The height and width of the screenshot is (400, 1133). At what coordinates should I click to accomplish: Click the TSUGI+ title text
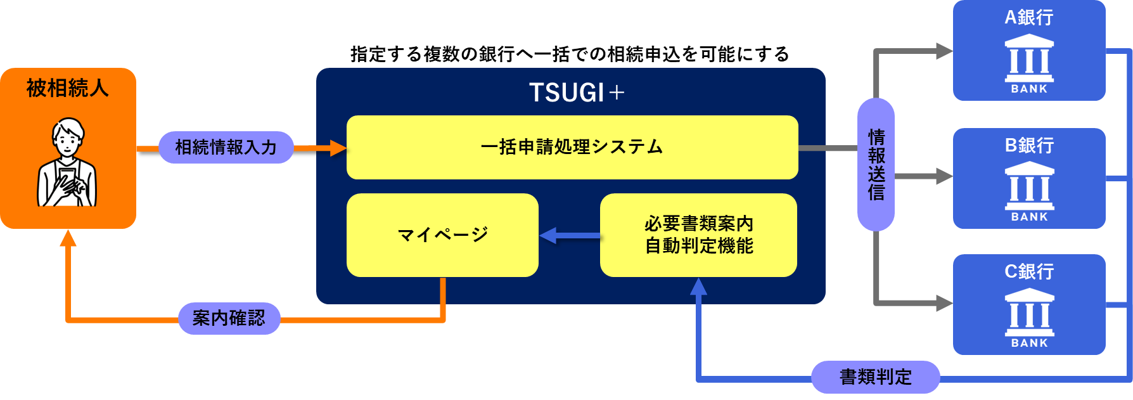pyautogui.click(x=576, y=93)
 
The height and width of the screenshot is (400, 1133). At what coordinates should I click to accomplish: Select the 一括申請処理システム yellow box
pyautogui.click(x=572, y=147)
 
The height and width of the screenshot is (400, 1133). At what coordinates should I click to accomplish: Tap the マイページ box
pyautogui.click(x=442, y=235)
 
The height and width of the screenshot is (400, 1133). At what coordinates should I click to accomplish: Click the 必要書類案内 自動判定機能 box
pyautogui.click(x=698, y=235)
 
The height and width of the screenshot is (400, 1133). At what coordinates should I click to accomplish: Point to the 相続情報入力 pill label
pyautogui.click(x=226, y=147)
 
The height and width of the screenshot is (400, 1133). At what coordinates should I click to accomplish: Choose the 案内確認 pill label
pyautogui.click(x=229, y=318)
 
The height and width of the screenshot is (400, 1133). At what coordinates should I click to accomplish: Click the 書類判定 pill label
pyautogui.click(x=875, y=377)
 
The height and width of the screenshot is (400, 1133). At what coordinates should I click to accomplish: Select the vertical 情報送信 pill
pyautogui.click(x=876, y=165)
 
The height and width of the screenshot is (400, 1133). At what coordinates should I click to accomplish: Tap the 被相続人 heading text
pyautogui.click(x=67, y=87)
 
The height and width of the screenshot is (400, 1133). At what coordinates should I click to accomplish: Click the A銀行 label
pyautogui.click(x=1029, y=17)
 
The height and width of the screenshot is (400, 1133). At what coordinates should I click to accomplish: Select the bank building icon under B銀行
pyautogui.click(x=1029, y=185)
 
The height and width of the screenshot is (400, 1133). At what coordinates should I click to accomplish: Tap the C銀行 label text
pyautogui.click(x=1029, y=271)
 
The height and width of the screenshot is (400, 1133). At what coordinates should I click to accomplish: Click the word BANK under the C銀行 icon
pyautogui.click(x=1029, y=343)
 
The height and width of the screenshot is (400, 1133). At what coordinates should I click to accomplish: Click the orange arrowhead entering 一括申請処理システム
pyautogui.click(x=338, y=148)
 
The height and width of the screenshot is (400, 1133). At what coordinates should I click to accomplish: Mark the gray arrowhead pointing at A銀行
pyautogui.click(x=944, y=51)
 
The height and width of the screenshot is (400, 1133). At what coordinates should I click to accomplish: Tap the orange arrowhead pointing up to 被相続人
pyautogui.click(x=68, y=238)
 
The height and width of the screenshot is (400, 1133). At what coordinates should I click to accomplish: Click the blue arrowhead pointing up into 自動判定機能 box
pyautogui.click(x=698, y=287)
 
